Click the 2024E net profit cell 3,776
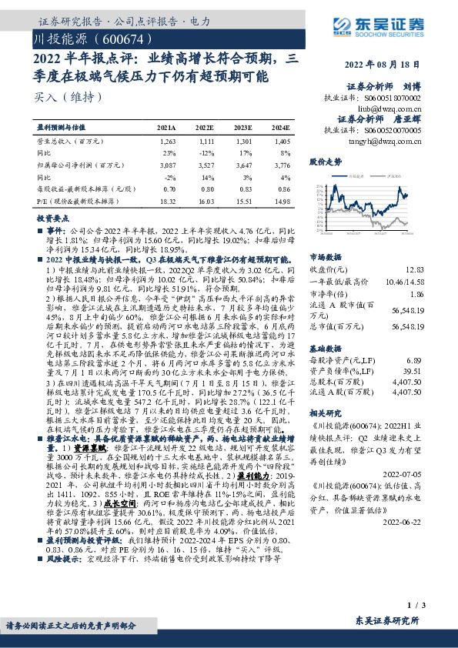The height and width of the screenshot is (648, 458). click(x=281, y=165)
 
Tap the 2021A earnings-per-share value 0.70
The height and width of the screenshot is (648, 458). click(x=170, y=188)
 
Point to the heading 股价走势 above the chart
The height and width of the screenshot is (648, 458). click(x=324, y=163)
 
